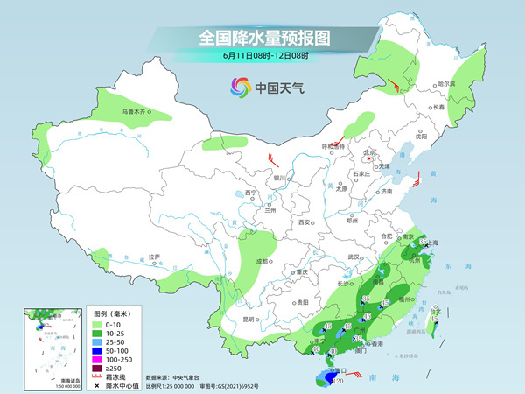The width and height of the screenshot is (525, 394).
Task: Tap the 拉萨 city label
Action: pos(155,257)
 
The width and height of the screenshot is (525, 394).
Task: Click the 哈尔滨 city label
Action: pos(446,83)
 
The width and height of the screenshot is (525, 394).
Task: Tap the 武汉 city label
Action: pos(353,257)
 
